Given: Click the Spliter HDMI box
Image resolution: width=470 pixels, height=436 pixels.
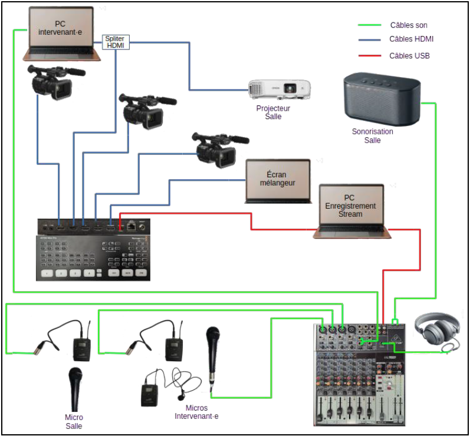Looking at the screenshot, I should (116, 42).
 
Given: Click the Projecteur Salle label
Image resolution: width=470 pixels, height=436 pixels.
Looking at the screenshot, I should (273, 113).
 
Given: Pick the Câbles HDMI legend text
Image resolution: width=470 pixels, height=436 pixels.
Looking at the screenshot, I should (412, 39).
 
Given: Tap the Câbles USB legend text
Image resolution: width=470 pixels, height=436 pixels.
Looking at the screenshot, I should (409, 56).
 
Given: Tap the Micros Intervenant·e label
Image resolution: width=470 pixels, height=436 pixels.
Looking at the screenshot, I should (196, 412).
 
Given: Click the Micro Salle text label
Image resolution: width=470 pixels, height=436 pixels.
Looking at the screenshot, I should (74, 422).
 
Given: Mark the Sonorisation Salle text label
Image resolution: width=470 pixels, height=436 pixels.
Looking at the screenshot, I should (372, 136).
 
